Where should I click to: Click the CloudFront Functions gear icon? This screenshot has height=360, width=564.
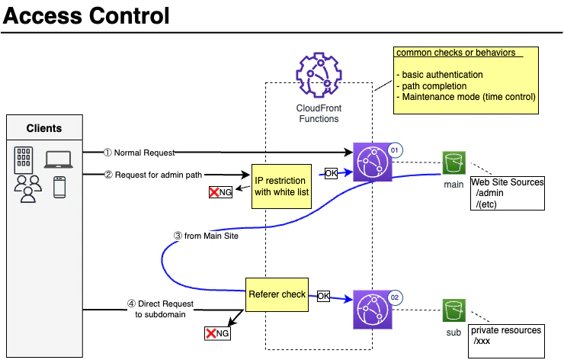319,75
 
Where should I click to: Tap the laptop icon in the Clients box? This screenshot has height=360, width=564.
58,159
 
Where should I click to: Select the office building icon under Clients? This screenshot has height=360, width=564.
24,160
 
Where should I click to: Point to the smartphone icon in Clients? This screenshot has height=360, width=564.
59,187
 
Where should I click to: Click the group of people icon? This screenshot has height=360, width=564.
28,189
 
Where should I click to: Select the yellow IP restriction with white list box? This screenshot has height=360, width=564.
282,186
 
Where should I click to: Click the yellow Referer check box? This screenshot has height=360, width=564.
277,294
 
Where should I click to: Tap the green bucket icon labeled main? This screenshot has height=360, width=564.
454,162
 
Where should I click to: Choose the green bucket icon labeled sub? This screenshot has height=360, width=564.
454,310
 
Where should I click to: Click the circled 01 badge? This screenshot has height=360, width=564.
395,150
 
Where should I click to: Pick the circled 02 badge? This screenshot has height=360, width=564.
395,297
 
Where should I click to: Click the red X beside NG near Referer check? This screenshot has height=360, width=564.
211,333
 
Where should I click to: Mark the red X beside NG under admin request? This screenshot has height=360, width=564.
214,192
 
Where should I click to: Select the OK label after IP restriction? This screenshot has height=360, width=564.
331,174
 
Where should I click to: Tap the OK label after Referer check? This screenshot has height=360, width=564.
323,296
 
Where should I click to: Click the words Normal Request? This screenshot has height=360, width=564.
144,153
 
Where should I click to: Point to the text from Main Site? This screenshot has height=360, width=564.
211,236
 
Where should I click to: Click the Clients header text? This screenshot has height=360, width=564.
44,128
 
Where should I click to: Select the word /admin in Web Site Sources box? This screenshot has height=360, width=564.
489,193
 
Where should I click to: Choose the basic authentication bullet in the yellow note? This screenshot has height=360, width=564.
440,75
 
